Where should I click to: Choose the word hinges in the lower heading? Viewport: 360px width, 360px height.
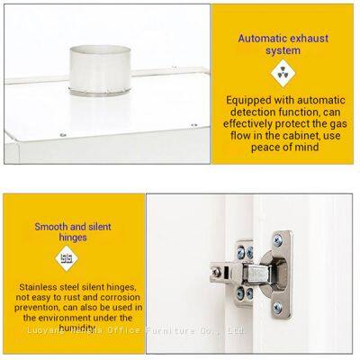tap(74, 238)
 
